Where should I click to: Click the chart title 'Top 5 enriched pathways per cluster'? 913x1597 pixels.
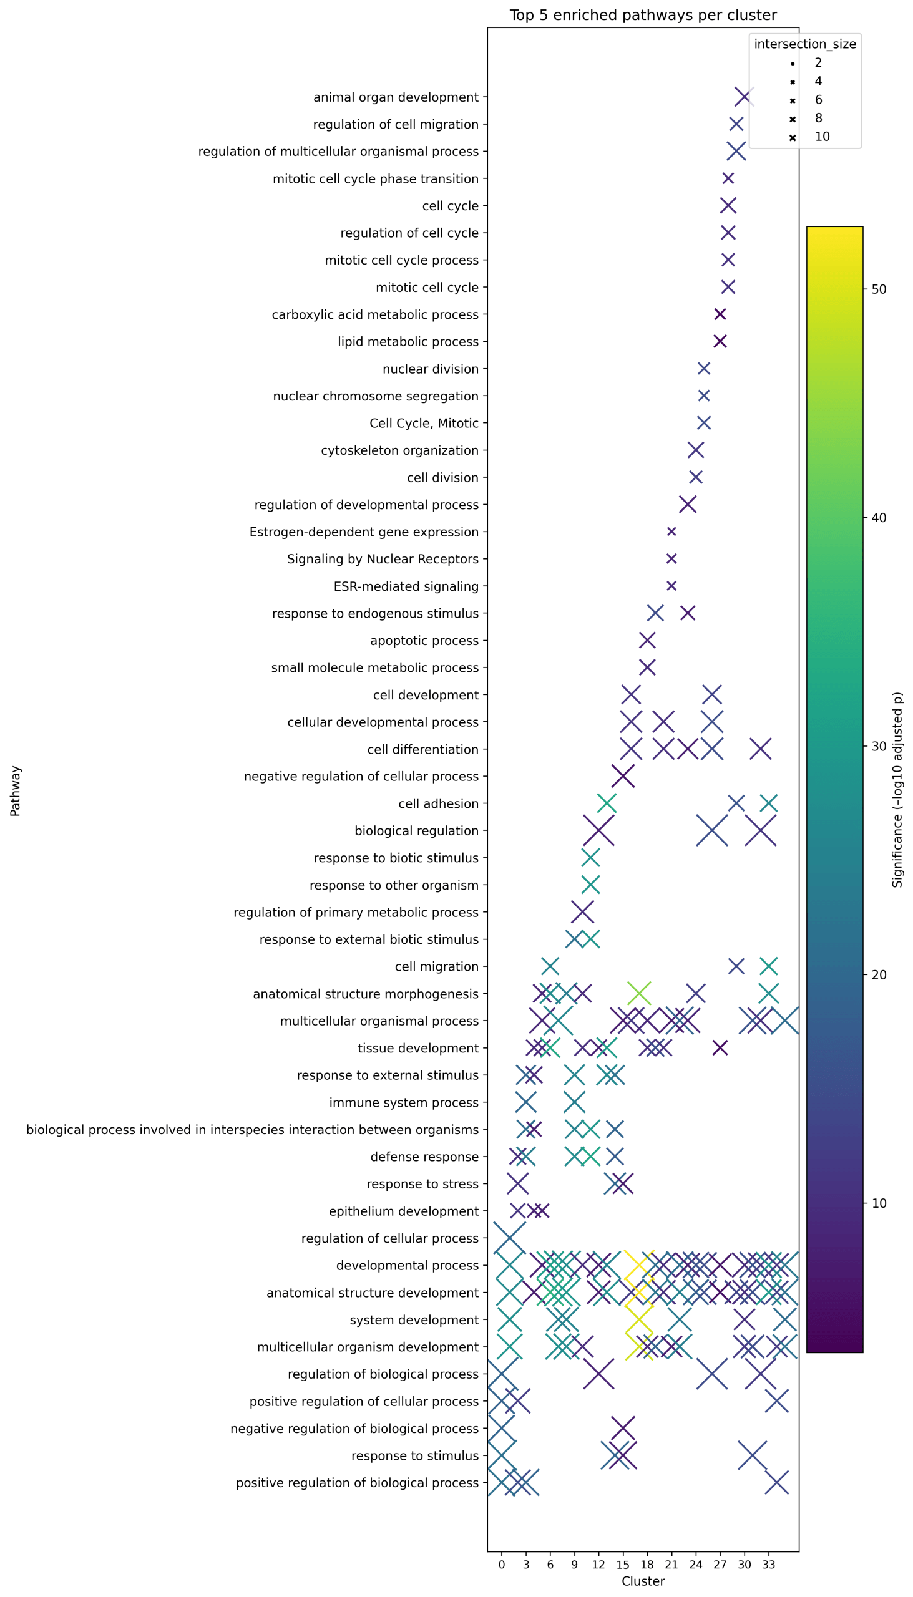click(643, 15)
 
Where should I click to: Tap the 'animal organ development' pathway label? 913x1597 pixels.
click(396, 97)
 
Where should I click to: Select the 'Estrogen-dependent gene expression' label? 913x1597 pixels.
click(364, 532)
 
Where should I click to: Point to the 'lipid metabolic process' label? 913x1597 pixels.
click(408, 342)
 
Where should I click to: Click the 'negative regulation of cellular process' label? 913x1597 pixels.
click(361, 777)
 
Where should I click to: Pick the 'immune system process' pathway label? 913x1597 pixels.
click(404, 1102)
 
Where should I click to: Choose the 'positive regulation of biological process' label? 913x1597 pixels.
click(357, 1483)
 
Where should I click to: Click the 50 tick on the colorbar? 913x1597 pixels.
click(879, 289)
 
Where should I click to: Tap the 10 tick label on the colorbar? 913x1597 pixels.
click(879, 1203)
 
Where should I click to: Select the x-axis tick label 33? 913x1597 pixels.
click(769, 1565)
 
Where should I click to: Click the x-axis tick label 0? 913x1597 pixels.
click(502, 1565)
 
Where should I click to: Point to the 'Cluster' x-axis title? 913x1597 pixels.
click(643, 1581)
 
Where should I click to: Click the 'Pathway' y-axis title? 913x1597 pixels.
click(16, 790)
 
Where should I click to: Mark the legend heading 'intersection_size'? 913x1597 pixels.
click(804, 44)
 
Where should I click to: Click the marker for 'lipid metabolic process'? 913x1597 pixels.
click(720, 341)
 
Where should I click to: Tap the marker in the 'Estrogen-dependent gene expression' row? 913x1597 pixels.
click(671, 532)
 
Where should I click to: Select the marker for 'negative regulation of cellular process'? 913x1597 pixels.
click(623, 776)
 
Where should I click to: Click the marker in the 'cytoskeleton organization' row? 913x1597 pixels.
click(695, 450)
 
